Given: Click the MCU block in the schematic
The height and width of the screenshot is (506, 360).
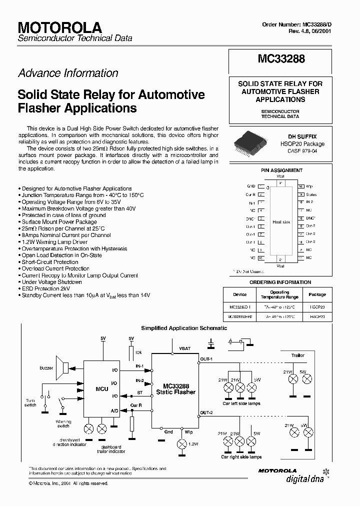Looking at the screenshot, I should tap(102, 388).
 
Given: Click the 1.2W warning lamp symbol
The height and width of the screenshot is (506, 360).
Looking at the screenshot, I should tap(181, 443).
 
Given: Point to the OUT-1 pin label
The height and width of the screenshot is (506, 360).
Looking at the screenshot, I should tap(206, 359).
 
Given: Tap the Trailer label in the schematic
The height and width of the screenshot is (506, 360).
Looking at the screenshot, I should tap(298, 355).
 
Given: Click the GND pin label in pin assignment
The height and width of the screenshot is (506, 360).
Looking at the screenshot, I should tap(251, 186).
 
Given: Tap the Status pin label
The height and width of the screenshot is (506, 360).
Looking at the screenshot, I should tap(311, 194).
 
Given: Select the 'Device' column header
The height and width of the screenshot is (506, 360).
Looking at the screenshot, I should tap(240, 294).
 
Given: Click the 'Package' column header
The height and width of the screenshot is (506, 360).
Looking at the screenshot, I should tap(317, 294).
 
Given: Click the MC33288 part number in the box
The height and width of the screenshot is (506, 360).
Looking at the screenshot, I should tap(281, 59).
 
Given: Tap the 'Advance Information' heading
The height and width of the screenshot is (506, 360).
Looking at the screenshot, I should tap(68, 73).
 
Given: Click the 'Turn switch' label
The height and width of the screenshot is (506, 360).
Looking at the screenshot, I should tap(31, 403).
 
